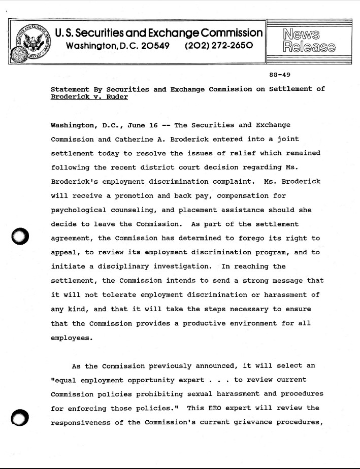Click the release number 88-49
[x=279, y=75]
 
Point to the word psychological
[x=79, y=210]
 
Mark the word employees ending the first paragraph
[x=71, y=338]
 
